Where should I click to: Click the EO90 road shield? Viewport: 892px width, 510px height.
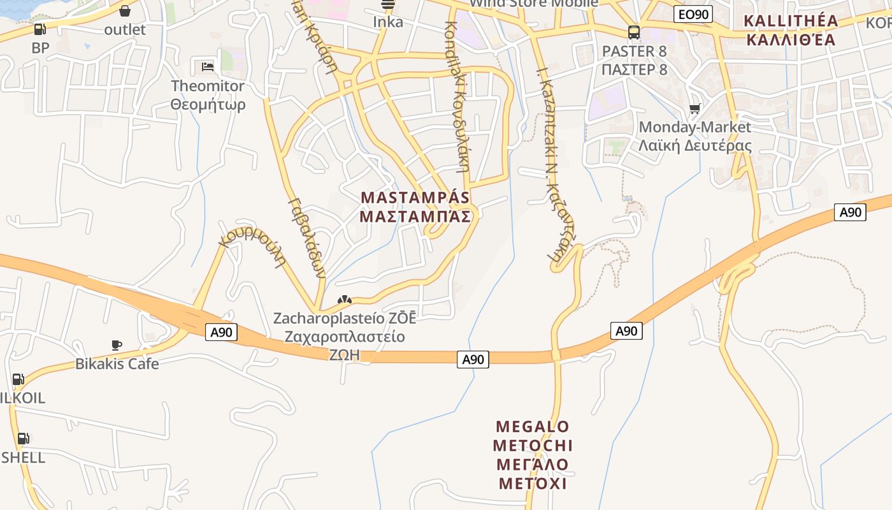pyautogui.click(x=693, y=14)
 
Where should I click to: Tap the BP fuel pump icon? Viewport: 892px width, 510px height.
pyautogui.click(x=40, y=29)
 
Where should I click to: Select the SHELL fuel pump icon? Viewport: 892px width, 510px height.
pyautogui.click(x=23, y=439)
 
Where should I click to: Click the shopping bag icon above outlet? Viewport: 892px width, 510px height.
pyautogui.click(x=125, y=11)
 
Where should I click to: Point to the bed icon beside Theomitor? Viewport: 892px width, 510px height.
pyautogui.click(x=207, y=66)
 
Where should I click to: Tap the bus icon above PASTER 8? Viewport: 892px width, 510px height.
pyautogui.click(x=633, y=32)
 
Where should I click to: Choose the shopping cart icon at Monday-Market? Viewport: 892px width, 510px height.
pyautogui.click(x=694, y=109)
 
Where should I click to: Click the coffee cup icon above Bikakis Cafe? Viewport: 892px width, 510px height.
pyautogui.click(x=117, y=345)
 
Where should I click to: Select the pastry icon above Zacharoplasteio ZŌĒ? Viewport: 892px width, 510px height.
pyautogui.click(x=344, y=299)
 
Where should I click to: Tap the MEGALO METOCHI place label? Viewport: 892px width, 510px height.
pyautogui.click(x=533, y=455)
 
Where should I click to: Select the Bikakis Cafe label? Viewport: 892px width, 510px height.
pyautogui.click(x=117, y=364)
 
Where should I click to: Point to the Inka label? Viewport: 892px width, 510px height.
pyautogui.click(x=388, y=22)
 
